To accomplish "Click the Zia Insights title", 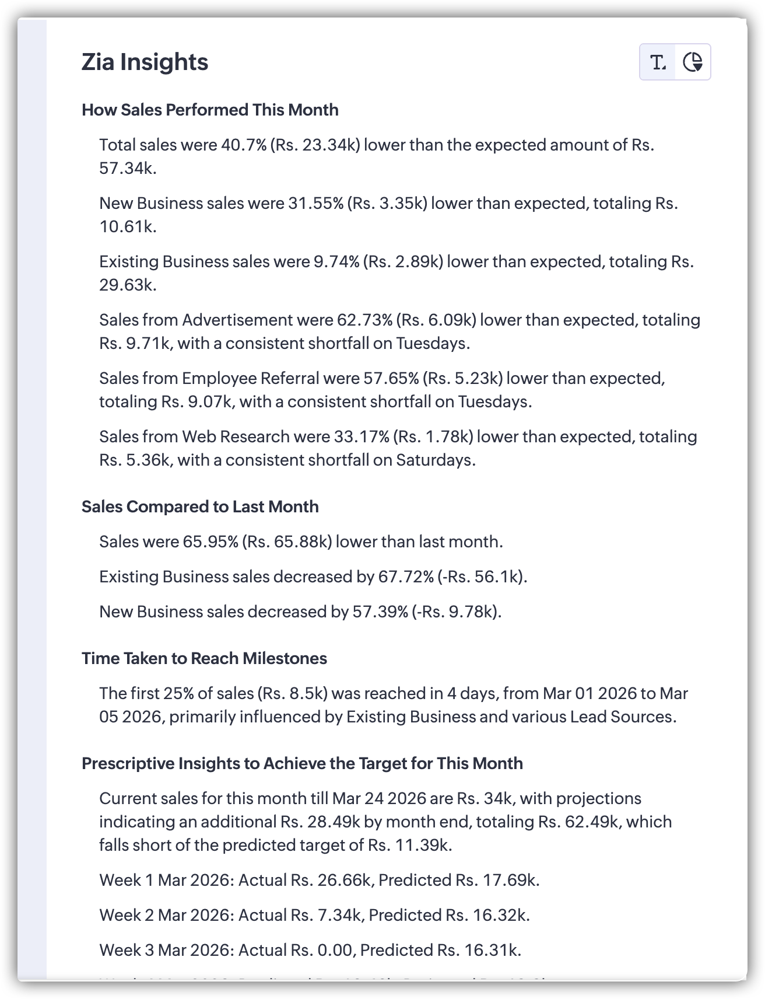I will (x=145, y=62).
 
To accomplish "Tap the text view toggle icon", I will (x=658, y=62).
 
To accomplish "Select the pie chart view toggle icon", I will (x=693, y=62).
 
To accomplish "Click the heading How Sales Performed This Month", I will (x=210, y=110).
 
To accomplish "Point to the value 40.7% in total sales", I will (x=244, y=145).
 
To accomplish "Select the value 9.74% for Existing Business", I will (x=336, y=261).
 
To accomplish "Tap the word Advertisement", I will (x=237, y=320).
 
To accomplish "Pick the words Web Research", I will (x=236, y=436).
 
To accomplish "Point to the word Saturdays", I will (x=435, y=460).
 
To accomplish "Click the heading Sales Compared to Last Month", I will (x=200, y=507).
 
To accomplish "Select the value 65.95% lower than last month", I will (x=210, y=542).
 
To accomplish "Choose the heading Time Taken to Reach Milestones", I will (x=204, y=658).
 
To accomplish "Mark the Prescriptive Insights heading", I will (x=302, y=763).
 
